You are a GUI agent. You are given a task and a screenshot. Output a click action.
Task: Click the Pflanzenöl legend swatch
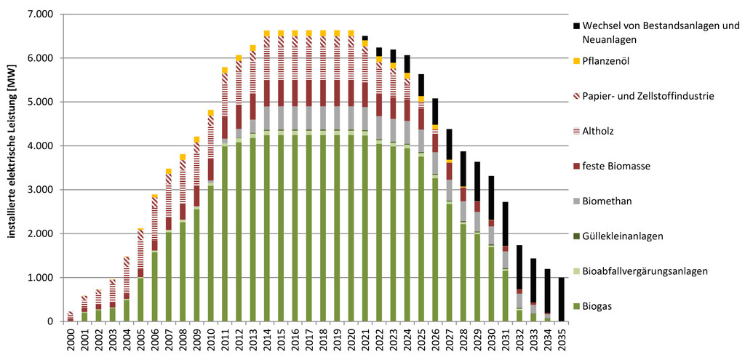click(x=577, y=61)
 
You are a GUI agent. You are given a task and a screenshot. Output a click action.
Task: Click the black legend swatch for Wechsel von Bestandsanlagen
click(x=577, y=26)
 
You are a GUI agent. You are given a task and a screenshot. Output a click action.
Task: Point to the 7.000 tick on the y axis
click(x=39, y=15)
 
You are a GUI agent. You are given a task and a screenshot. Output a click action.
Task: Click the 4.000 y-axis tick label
click(x=39, y=146)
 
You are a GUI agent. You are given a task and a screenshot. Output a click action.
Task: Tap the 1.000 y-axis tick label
click(x=39, y=278)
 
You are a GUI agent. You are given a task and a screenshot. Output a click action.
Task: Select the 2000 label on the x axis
click(x=71, y=339)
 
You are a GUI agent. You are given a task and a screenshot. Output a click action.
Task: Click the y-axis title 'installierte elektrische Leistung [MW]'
click(x=11, y=167)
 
